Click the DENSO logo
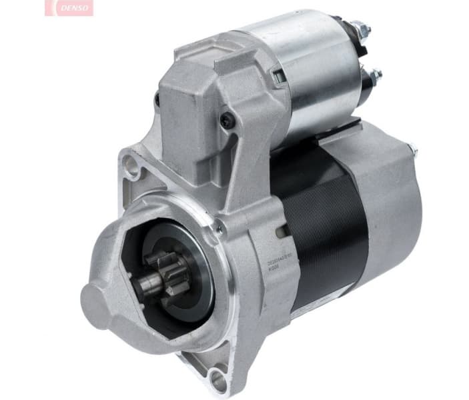point(69,7)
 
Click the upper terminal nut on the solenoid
point(360,29)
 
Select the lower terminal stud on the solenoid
point(375,75)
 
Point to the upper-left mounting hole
point(131,165)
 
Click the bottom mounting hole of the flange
point(217,381)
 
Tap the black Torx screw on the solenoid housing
point(227,121)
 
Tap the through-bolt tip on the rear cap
point(412,151)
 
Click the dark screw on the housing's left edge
point(157,101)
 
